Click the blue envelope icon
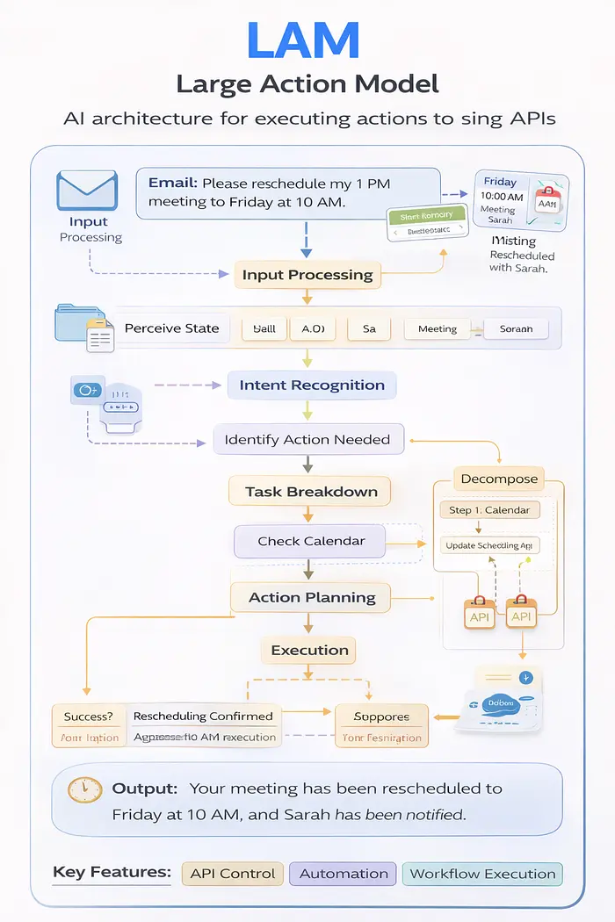point(87,190)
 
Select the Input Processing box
point(307,275)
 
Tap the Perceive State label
point(171,328)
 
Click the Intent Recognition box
point(312,385)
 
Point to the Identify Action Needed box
point(307,439)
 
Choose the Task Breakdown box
point(311,492)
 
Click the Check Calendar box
point(310,541)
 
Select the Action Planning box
point(312,597)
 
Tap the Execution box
point(309,651)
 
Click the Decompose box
point(498,479)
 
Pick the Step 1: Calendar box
point(489,510)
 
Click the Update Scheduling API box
point(489,545)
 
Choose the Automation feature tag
point(344,874)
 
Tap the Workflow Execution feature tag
point(482,874)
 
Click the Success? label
point(89,717)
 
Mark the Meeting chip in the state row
point(437,328)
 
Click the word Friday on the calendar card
point(501,183)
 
